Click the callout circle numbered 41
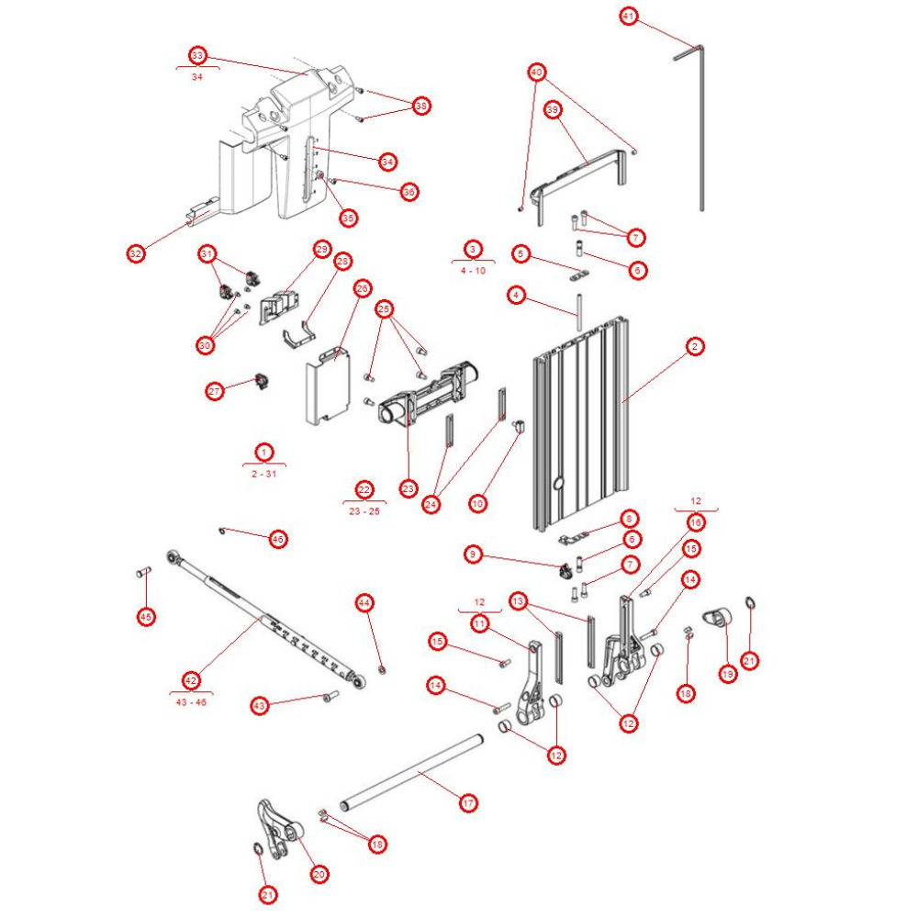tap(628, 17)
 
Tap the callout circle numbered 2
tap(695, 346)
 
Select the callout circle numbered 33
tap(197, 55)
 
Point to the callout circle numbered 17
tap(468, 803)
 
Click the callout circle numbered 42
tap(191, 680)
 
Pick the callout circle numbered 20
tap(319, 875)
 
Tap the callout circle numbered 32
tap(136, 253)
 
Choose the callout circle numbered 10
tap(476, 503)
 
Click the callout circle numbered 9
tap(472, 554)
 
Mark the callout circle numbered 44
tap(364, 603)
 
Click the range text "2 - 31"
tap(264, 473)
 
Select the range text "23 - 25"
tap(364, 510)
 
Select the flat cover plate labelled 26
tap(327, 386)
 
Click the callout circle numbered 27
tap(216, 391)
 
